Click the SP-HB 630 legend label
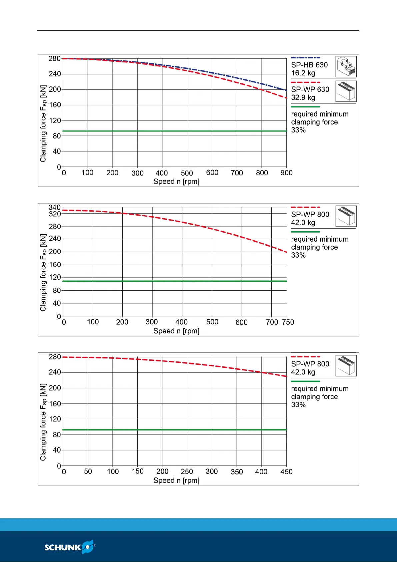coord(309,65)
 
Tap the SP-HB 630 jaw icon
coord(346,67)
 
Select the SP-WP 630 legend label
coord(310,89)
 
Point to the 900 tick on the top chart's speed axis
coord(286,173)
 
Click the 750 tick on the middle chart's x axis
coord(288,322)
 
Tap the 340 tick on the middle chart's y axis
coord(55,208)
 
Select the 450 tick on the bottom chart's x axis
coord(286,472)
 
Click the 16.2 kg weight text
coord(303,73)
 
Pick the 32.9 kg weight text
coord(303,97)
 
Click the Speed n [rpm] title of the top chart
coord(176,182)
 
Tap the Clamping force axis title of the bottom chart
coord(43,422)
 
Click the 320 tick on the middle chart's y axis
coord(55,214)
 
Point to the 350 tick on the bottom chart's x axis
coord(237,472)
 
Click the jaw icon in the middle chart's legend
coord(346,216)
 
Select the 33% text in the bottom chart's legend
coord(298,405)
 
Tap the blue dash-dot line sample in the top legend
coord(305,58)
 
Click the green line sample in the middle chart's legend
coord(305,232)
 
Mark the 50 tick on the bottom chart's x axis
coord(88,472)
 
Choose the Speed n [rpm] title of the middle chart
coord(176,331)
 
